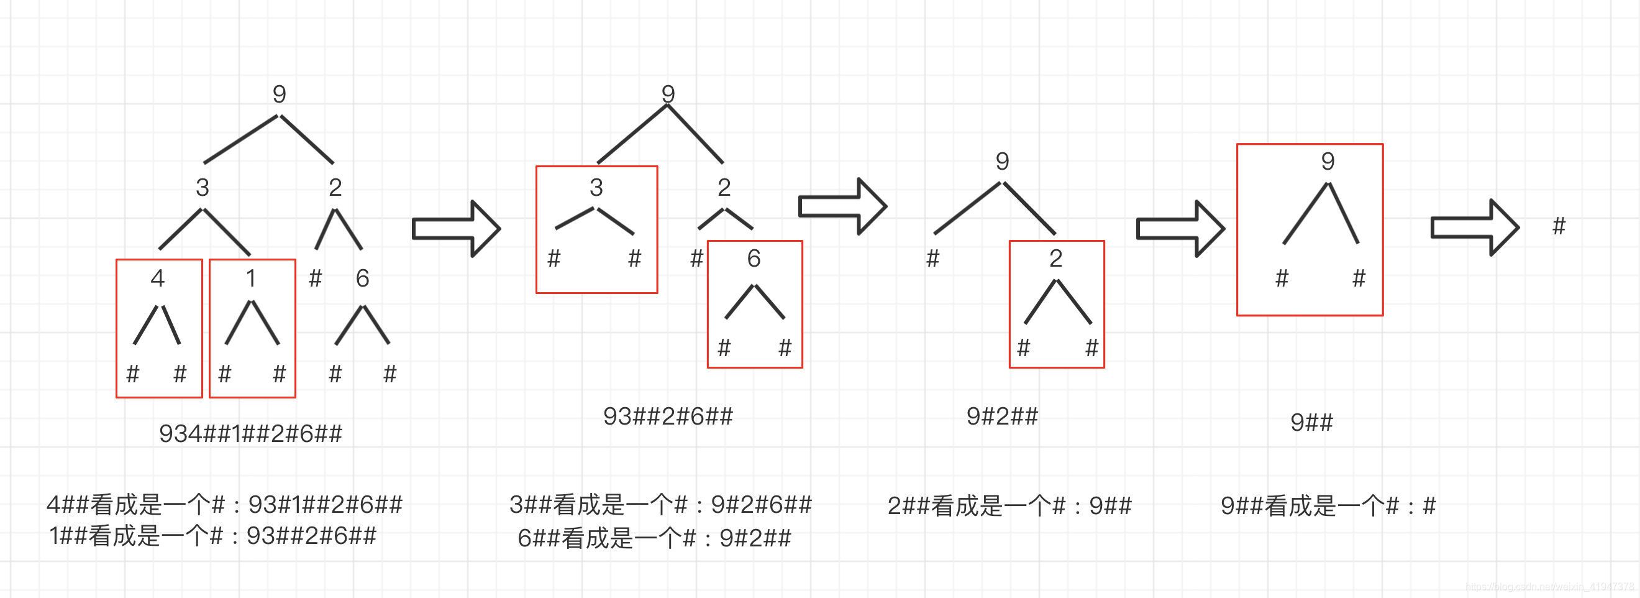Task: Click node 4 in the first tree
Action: point(157,278)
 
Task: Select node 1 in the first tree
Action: point(251,278)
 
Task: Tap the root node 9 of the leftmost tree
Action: point(279,94)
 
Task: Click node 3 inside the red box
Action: point(596,187)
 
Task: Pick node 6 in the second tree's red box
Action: point(754,259)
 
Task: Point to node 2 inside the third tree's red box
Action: point(1055,259)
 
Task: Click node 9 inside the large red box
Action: point(1328,161)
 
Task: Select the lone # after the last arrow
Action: point(1559,226)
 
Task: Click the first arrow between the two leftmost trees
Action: point(457,229)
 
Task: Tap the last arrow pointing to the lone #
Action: point(1475,228)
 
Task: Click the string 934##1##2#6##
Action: point(250,434)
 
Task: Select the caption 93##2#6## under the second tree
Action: point(668,416)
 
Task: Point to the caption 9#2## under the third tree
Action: point(1002,416)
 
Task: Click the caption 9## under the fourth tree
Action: point(1311,422)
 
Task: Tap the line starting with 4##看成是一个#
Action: point(225,505)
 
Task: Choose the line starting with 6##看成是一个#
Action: point(655,539)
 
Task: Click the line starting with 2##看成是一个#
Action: point(1009,506)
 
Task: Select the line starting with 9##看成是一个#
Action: point(1329,506)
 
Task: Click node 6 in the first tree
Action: point(362,278)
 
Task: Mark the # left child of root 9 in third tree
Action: point(932,259)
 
